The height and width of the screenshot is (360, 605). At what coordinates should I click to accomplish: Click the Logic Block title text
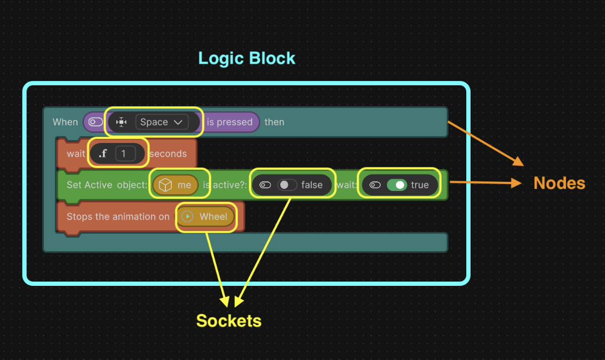246,58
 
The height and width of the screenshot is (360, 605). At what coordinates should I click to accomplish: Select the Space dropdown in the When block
162,122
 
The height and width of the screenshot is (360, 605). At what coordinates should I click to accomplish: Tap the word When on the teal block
65,122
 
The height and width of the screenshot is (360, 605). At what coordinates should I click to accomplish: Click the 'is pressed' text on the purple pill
229,122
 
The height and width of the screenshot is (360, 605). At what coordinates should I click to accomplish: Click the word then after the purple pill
274,122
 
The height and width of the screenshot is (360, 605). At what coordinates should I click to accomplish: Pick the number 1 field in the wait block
125,154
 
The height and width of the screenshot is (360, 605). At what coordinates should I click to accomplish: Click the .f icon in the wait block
103,154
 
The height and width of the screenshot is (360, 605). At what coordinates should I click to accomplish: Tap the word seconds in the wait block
168,154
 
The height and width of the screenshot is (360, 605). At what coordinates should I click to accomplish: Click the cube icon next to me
165,185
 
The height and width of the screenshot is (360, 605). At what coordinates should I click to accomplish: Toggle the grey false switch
287,185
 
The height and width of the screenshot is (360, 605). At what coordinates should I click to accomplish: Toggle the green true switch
397,185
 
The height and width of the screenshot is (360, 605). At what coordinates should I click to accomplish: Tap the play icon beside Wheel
187,217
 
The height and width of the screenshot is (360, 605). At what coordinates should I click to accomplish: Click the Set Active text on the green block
89,185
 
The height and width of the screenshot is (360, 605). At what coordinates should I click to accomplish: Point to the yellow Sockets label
228,321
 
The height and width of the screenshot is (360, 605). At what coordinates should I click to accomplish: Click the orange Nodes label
559,183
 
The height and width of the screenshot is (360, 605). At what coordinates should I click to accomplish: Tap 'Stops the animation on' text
118,217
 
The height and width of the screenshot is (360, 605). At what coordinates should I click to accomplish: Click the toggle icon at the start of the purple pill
95,122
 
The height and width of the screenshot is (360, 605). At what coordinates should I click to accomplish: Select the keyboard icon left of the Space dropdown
122,122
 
